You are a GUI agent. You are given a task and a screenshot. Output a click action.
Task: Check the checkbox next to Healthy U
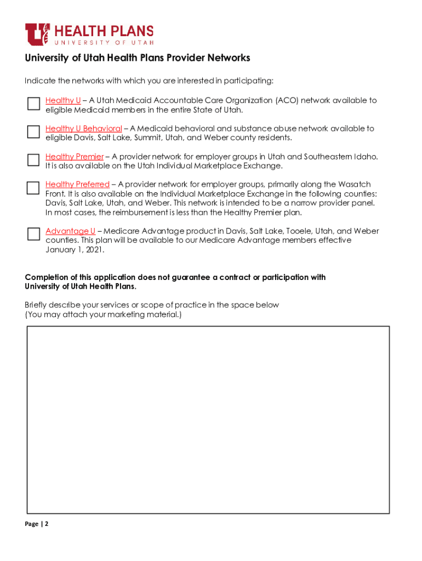click(33, 104)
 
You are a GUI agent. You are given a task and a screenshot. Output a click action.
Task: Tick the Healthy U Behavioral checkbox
click(33, 131)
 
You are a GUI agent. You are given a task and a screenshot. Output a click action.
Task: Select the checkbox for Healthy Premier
click(33, 159)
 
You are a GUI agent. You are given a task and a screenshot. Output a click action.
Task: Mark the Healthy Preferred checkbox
click(33, 187)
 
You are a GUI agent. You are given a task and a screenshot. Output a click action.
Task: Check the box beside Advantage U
click(33, 234)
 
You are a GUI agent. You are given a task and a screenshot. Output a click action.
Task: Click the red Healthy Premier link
click(74, 157)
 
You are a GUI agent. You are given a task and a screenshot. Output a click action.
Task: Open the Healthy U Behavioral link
click(83, 129)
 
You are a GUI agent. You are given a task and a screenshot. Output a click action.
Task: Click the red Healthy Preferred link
click(77, 185)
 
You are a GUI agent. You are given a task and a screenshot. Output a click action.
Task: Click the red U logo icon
click(37, 34)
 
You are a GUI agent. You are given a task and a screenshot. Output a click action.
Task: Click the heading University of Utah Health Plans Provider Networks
click(137, 58)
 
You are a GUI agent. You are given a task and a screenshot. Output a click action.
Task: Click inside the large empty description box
click(208, 419)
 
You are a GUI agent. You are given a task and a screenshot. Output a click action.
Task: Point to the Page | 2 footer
click(37, 524)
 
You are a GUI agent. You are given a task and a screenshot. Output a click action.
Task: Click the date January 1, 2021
click(75, 250)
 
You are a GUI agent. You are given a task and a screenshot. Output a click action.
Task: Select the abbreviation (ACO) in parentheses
click(287, 101)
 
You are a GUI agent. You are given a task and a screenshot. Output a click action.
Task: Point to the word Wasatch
click(355, 185)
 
